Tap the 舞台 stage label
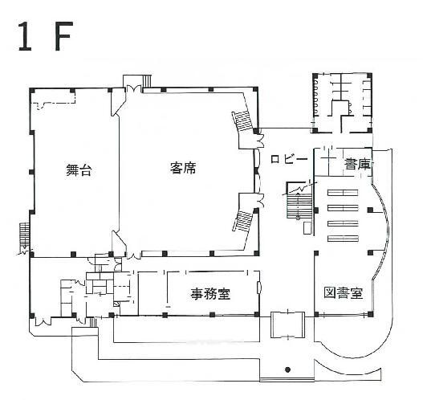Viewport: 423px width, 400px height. point(77,169)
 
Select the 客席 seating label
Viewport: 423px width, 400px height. point(184,168)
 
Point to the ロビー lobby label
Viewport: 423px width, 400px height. point(290,159)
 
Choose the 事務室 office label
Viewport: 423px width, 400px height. point(210,293)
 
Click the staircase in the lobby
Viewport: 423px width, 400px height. point(299,206)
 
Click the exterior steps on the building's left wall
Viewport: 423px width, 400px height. point(23,236)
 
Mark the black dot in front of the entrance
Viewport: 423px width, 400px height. point(287,370)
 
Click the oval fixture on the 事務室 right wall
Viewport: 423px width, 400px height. point(259,288)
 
